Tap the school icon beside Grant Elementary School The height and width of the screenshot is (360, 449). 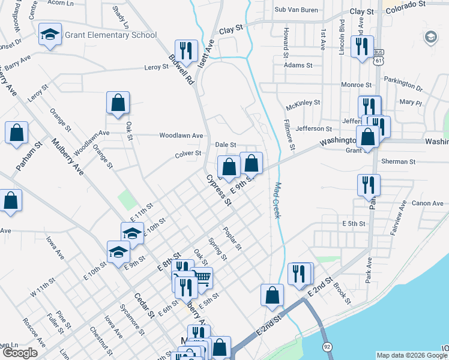(x=50, y=35)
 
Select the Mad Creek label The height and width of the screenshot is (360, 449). (x=277, y=200)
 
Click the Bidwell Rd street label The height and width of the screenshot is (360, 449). (x=181, y=68)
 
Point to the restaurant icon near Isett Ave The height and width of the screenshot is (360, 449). (x=185, y=50)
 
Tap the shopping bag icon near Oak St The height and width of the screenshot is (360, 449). (x=118, y=103)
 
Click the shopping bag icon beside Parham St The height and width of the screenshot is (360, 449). (x=17, y=133)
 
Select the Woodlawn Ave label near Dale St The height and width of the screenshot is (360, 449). (x=181, y=136)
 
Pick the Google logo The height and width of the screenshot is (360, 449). (x=20, y=353)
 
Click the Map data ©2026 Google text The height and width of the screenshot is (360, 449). (x=411, y=355)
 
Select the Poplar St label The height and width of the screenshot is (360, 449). (x=232, y=238)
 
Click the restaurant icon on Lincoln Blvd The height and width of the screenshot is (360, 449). (x=361, y=46)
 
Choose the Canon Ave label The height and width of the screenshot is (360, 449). (x=427, y=204)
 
